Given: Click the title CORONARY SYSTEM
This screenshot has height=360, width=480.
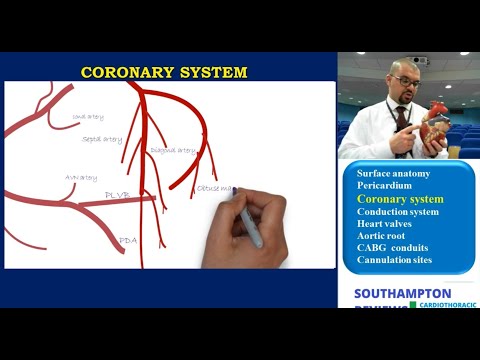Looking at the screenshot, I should (164, 73).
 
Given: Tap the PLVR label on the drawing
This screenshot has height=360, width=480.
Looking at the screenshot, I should (117, 195).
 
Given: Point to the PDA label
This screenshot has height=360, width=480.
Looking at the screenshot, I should (127, 241).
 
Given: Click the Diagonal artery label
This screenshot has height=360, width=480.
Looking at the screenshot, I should (173, 150).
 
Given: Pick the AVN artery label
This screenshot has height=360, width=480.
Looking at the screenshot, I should (81, 177).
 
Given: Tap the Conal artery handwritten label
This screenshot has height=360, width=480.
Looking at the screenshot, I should (88, 117).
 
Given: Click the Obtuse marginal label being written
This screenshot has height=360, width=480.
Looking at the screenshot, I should (214, 187).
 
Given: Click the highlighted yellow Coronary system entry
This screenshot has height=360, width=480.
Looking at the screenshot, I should (400, 199).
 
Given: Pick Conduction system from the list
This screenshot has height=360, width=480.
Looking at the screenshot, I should (398, 212).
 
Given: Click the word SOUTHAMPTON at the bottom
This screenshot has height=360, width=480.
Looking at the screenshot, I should (402, 293).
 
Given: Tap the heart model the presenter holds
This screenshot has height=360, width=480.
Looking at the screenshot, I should (436, 125).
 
